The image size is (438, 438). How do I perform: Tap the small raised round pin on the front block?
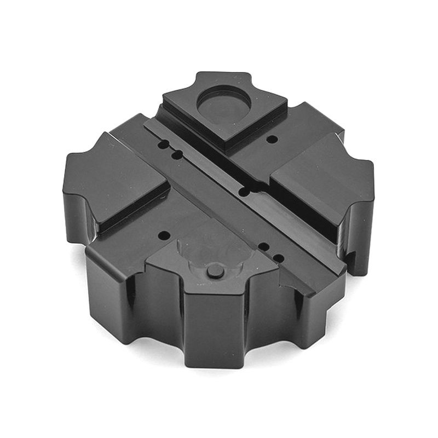(215, 270)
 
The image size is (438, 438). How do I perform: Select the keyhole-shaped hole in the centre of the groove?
(245, 191)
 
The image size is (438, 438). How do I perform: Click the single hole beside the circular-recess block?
(272, 139)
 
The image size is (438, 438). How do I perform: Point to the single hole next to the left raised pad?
(163, 235)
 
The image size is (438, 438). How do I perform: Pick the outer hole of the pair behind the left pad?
(164, 145)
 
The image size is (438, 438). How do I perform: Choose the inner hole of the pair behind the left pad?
(176, 155)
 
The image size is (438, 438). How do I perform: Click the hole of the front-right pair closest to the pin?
(263, 246)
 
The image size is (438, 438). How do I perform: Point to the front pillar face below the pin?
(214, 328)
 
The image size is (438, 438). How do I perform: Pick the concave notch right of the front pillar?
(268, 318)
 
